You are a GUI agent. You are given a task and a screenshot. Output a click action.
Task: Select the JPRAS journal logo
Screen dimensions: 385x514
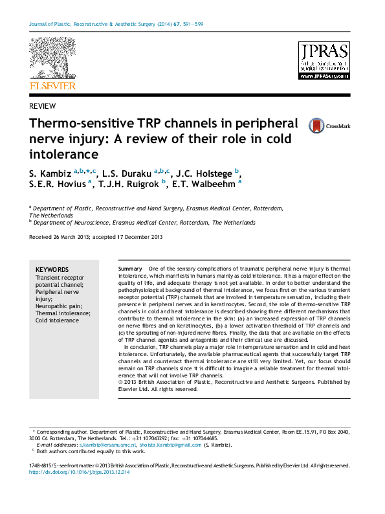(324, 61)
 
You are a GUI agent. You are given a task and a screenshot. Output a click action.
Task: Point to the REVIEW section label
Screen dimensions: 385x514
(42, 106)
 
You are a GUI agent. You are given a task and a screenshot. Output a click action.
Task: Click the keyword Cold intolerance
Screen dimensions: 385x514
(57, 320)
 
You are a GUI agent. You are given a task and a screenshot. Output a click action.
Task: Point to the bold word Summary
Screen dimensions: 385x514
(130, 268)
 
